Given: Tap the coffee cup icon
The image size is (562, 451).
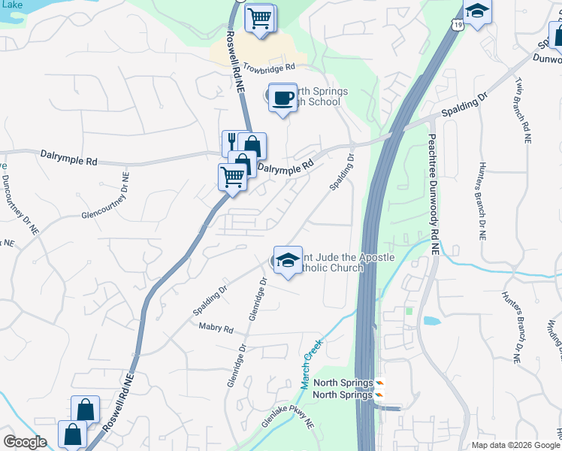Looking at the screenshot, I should tap(283, 98).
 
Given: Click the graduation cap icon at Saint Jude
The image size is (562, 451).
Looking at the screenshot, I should tap(287, 260).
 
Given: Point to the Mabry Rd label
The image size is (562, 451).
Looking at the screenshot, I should tap(216, 328).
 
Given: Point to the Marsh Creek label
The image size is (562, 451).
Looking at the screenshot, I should tap(310, 364).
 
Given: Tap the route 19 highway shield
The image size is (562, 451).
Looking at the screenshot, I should tap(458, 25).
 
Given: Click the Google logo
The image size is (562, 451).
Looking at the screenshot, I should tap(25, 442).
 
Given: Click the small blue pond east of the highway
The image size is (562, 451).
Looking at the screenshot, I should tap(432, 321).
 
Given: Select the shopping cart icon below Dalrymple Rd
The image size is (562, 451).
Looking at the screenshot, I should tap(232, 177).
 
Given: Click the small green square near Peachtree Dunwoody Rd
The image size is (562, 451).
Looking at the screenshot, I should tap(409, 310).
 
